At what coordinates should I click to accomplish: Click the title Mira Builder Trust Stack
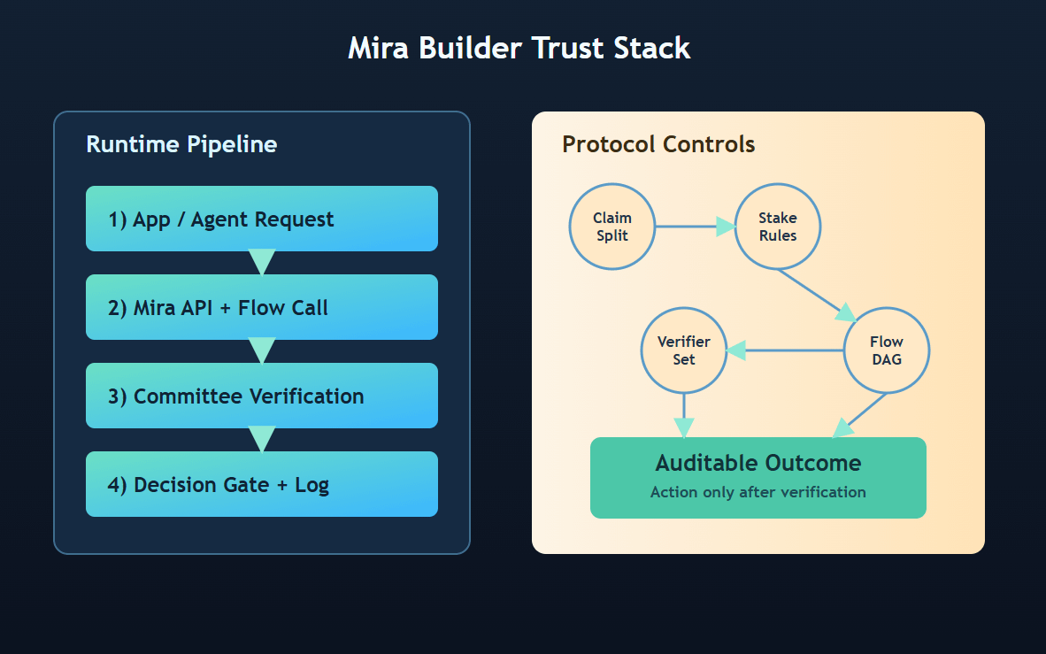point(519,48)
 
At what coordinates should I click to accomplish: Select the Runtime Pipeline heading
point(181,144)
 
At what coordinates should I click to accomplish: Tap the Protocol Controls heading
point(658,144)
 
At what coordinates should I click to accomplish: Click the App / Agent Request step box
point(262,219)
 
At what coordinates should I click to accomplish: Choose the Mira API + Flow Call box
point(262,307)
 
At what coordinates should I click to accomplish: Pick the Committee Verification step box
point(262,396)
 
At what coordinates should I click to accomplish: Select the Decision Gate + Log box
point(262,484)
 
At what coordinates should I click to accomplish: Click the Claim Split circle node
point(612,227)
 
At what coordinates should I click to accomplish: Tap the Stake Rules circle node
point(778,227)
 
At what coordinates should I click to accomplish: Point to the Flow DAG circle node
point(887,350)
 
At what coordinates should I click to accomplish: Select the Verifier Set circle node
point(684,350)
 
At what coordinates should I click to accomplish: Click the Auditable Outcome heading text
point(758,463)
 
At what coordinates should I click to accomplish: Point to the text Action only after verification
point(758,492)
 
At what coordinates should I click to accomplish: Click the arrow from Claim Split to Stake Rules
point(696,227)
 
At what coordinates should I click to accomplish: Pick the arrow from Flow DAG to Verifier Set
point(784,350)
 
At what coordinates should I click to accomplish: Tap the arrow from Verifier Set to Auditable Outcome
point(684,415)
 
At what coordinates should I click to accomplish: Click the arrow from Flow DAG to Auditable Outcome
point(859,415)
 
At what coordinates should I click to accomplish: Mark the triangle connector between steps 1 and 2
point(262,262)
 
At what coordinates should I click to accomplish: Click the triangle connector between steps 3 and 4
point(262,439)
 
